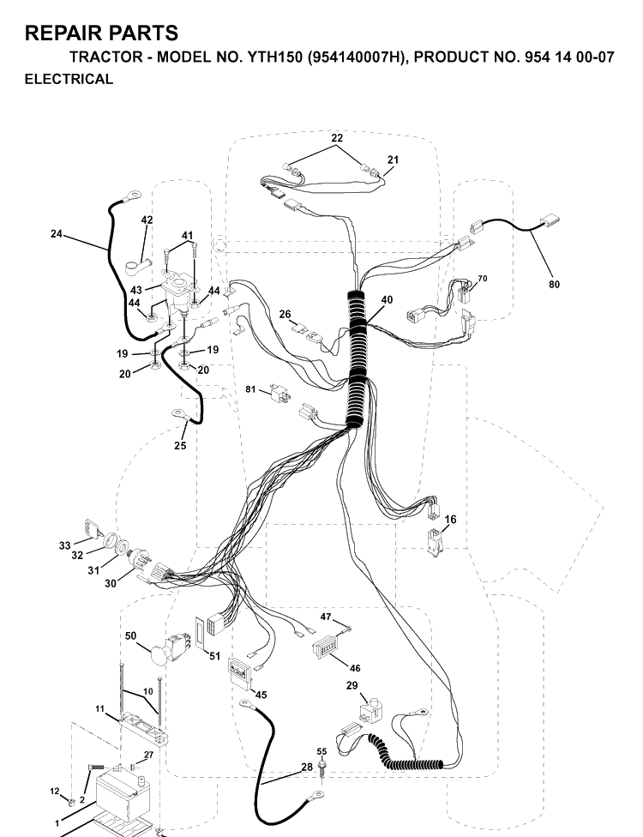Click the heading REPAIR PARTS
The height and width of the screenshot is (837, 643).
click(101, 33)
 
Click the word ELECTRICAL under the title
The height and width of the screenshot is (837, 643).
click(69, 79)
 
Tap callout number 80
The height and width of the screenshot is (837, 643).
click(554, 285)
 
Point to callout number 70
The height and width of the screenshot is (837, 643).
click(483, 279)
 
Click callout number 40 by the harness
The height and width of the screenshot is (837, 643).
click(387, 300)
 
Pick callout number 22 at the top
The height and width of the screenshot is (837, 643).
click(337, 138)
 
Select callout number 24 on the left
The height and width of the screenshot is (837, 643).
click(57, 234)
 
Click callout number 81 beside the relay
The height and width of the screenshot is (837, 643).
click(251, 389)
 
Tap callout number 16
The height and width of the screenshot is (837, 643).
click(450, 520)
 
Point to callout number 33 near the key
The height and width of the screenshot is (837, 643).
click(64, 545)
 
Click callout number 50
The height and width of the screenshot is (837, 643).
click(130, 635)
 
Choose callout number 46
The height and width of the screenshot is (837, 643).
click(355, 668)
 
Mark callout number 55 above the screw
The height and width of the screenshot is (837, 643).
click(321, 751)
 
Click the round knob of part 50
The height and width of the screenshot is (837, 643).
click(159, 654)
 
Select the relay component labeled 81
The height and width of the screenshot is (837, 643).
click(281, 393)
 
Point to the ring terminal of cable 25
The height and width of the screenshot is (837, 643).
click(178, 412)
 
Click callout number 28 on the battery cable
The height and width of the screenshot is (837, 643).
click(307, 767)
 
